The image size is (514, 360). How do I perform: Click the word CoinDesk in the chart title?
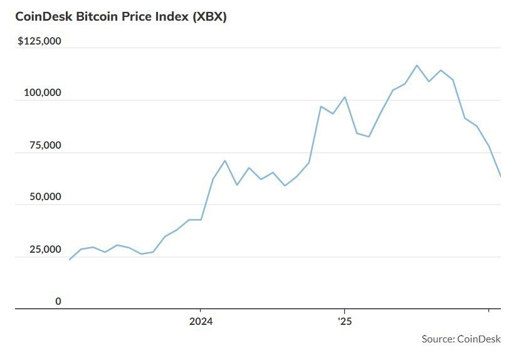click(43, 17)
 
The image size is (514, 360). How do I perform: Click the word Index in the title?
click(170, 17)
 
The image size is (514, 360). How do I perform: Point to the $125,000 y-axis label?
click(39, 41)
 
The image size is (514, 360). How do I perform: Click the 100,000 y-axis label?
click(42, 93)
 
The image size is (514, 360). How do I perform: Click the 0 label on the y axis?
click(58, 302)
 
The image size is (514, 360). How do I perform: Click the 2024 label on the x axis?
click(201, 322)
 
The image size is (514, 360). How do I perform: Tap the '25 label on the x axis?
click(344, 322)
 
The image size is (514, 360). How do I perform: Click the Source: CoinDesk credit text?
click(461, 339)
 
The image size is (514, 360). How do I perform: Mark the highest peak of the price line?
click(417, 65)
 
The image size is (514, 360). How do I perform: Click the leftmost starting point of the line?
click(70, 260)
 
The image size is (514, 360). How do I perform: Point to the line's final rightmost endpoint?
click(500, 176)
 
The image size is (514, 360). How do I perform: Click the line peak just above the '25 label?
click(345, 97)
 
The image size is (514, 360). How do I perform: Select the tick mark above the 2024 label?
click(201, 311)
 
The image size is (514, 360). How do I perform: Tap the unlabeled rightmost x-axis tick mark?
click(488, 311)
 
